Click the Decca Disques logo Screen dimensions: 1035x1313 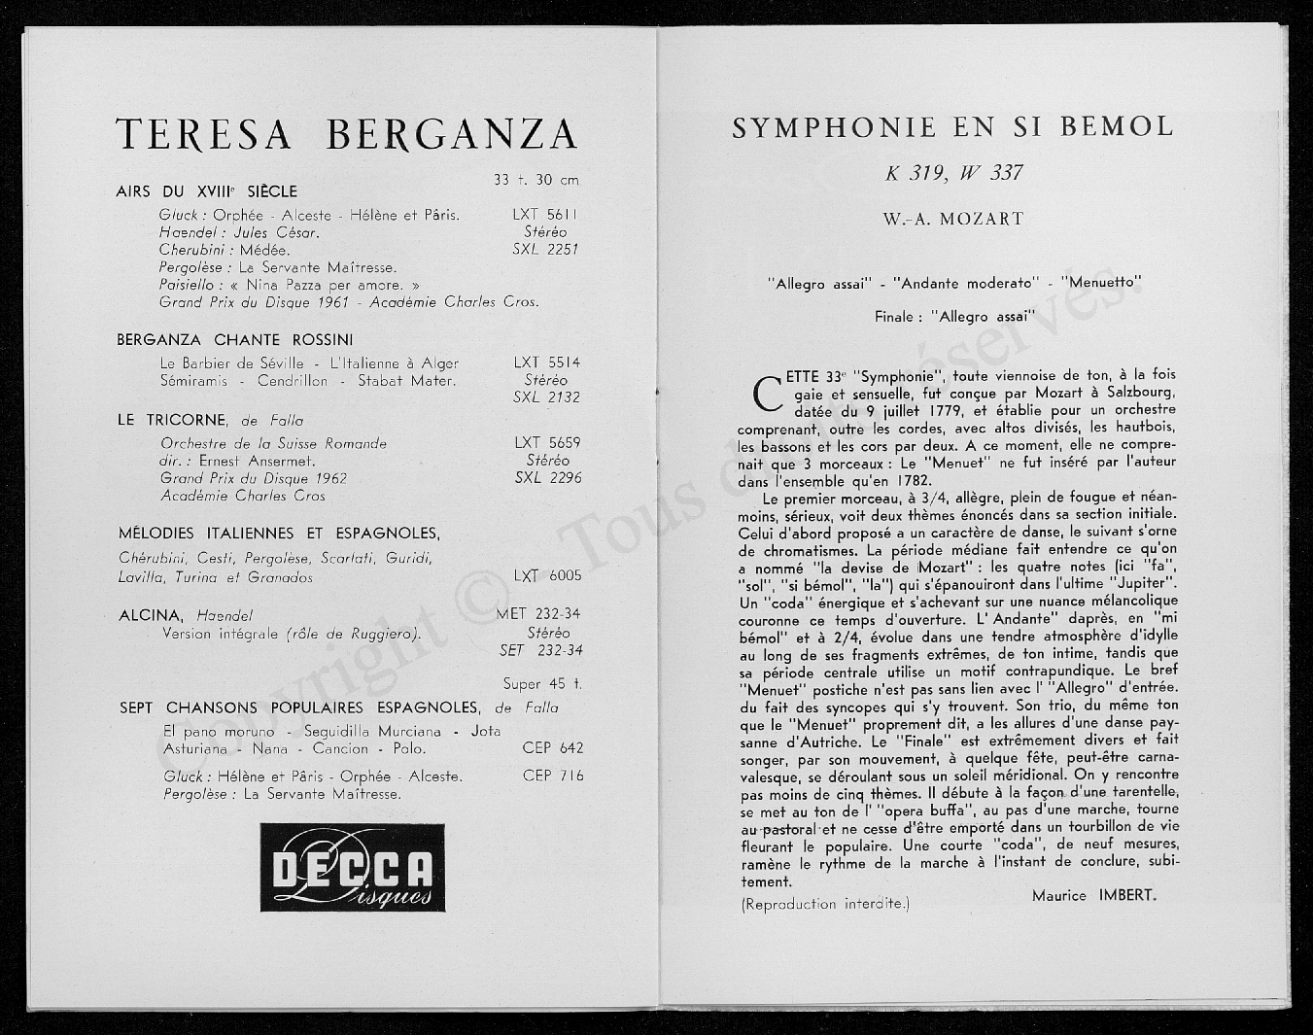pyautogui.click(x=352, y=868)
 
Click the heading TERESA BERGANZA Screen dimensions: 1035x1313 pyautogui.click(x=347, y=134)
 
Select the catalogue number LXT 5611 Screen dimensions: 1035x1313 pyautogui.click(x=545, y=215)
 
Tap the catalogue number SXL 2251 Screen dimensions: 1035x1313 pyautogui.click(x=545, y=249)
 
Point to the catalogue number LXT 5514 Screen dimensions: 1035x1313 pyautogui.click(x=546, y=362)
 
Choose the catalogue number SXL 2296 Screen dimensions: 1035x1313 pyautogui.click(x=548, y=477)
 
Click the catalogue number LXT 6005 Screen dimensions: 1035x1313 pyautogui.click(x=548, y=575)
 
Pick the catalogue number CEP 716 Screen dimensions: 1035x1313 pyautogui.click(x=553, y=776)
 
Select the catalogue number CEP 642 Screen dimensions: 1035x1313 pyautogui.click(x=553, y=748)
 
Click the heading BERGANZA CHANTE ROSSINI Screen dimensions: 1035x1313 pyautogui.click(x=234, y=340)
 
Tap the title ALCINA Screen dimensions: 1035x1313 pyautogui.click(x=151, y=615)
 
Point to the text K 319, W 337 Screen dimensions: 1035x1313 pyautogui.click(x=954, y=174)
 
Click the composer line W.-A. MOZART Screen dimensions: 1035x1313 pyautogui.click(x=953, y=219)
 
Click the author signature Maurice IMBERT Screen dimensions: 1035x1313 pyautogui.click(x=1094, y=895)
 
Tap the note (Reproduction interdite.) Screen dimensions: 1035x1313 pyautogui.click(x=825, y=904)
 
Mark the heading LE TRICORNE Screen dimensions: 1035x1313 pyautogui.click(x=173, y=420)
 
